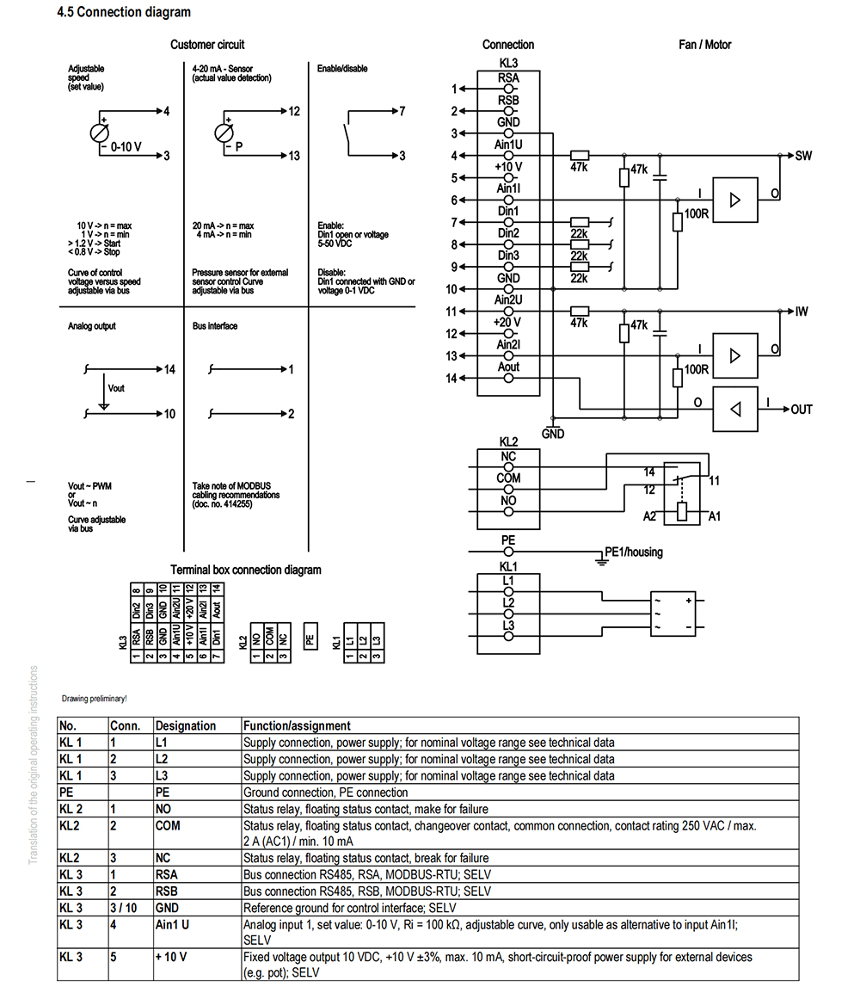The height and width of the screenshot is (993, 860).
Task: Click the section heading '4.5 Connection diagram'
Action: pos(123,12)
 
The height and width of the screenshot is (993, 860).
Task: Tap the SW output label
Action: pos(803,156)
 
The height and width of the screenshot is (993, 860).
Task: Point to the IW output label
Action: pos(802,311)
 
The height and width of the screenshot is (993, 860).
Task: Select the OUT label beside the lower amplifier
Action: pos(802,410)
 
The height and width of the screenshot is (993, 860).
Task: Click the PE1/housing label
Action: pos(634,552)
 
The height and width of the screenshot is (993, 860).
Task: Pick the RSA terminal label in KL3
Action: pos(508,78)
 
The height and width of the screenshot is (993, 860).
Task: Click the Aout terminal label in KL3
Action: pos(508,367)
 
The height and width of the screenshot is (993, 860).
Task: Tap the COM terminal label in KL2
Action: pos(508,478)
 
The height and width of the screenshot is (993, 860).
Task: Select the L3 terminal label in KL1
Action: pos(508,625)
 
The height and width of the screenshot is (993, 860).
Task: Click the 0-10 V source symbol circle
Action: pos(100,133)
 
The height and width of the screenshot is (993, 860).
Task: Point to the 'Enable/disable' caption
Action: pos(342,68)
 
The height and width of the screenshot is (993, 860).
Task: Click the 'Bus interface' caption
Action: pos(215,326)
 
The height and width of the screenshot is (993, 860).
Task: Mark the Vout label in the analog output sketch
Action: pos(116,388)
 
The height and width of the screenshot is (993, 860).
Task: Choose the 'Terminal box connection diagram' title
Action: pos(246,570)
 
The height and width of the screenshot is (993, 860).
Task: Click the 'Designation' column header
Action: pos(186,725)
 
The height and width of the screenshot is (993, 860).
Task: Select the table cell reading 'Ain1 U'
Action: pos(172,925)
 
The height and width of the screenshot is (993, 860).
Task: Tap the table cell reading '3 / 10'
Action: pos(123,908)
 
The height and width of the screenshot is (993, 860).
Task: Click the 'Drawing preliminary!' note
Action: pos(95,699)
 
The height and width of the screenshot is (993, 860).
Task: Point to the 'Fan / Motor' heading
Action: pos(705,45)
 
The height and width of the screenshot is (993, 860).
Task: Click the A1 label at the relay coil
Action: pos(715,517)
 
